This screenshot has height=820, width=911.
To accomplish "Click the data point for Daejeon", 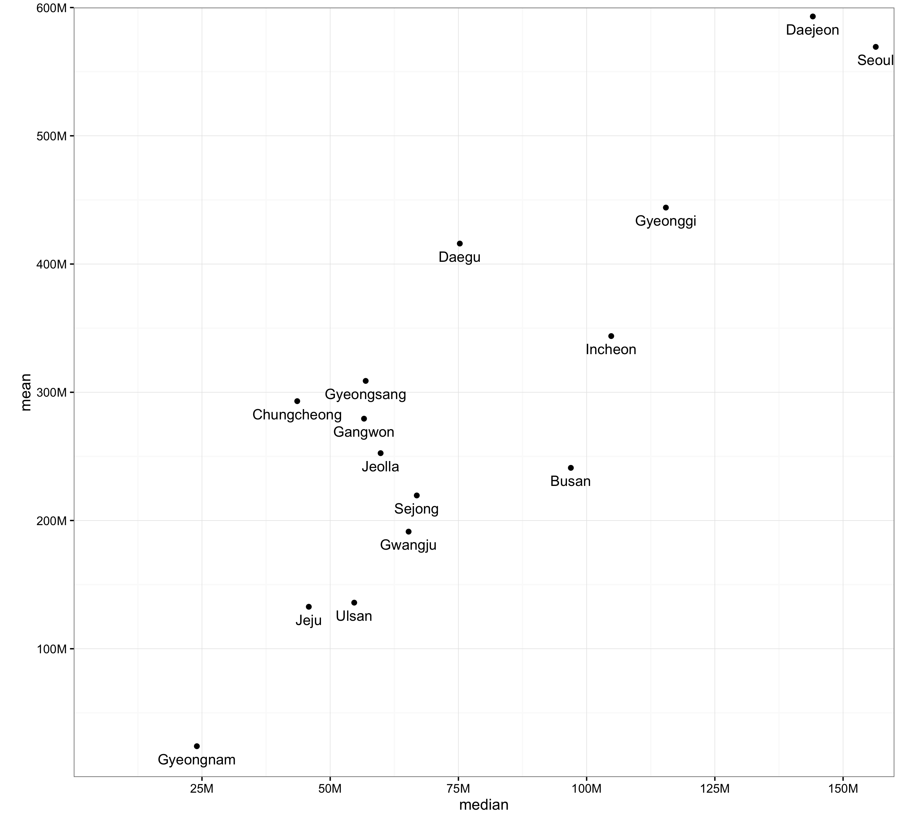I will pyautogui.click(x=812, y=17).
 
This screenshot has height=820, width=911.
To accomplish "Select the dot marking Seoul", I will pyautogui.click(x=875, y=47).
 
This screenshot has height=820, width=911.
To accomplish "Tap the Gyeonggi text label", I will pyautogui.click(x=665, y=221).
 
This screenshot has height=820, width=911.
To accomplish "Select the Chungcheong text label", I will pyautogui.click(x=297, y=415).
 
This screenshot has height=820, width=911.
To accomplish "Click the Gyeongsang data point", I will pyautogui.click(x=365, y=381).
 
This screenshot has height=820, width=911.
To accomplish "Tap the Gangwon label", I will pyautogui.click(x=363, y=432).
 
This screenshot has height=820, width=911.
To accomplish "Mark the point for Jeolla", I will pyautogui.click(x=380, y=453).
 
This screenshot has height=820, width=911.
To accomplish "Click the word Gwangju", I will pyautogui.click(x=408, y=545).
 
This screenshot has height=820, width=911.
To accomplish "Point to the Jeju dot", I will pyautogui.click(x=309, y=607).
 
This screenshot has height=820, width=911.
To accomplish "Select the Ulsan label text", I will pyautogui.click(x=354, y=616).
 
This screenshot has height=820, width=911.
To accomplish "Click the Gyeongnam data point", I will pyautogui.click(x=196, y=747).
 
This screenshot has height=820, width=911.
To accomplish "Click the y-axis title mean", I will pyautogui.click(x=26, y=392).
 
